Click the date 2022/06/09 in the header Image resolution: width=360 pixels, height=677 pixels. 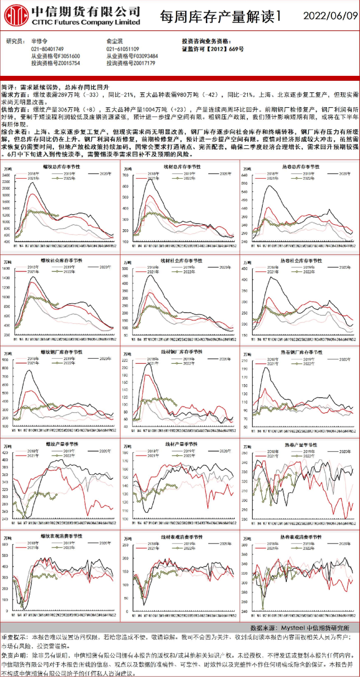coord(326,16)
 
